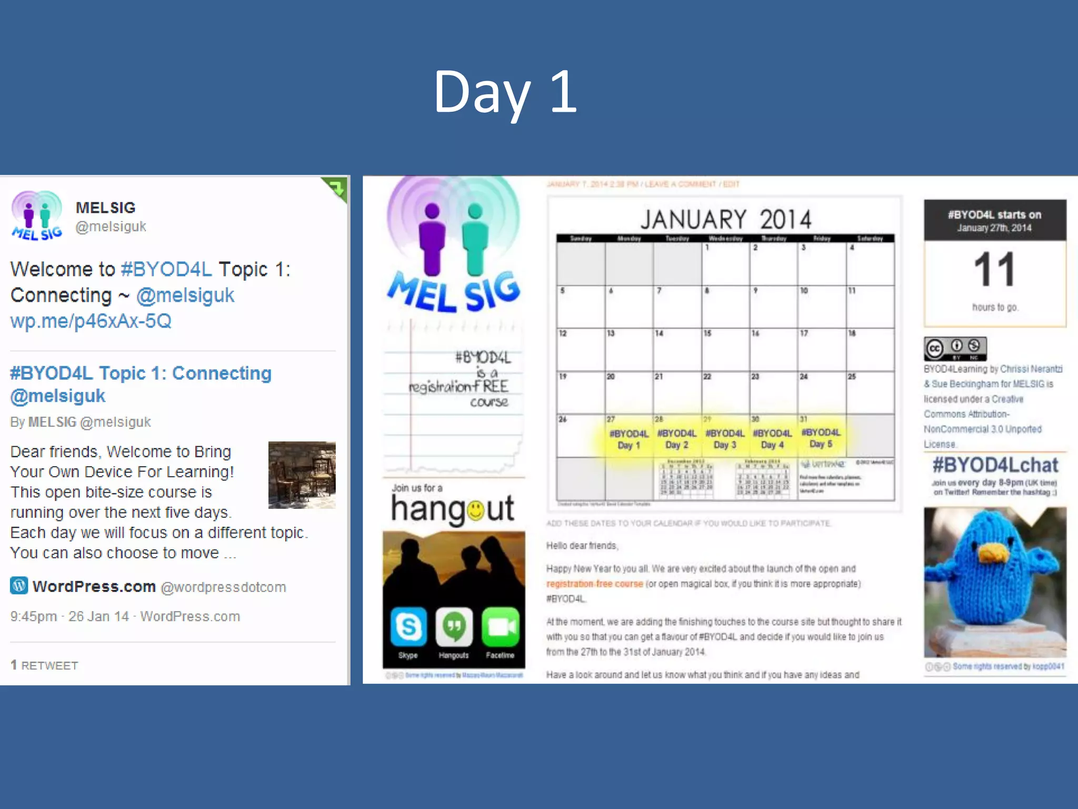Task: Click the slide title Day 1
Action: (x=505, y=92)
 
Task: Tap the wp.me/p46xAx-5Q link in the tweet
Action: (x=91, y=321)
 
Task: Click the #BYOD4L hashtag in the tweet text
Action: (x=166, y=269)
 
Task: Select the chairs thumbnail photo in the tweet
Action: (x=302, y=475)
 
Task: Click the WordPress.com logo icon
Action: (x=19, y=585)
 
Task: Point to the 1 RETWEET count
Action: (x=44, y=665)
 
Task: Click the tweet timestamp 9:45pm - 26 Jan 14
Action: (x=70, y=616)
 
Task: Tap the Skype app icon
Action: (x=408, y=627)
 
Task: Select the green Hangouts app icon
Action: (x=454, y=627)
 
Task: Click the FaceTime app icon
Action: (x=500, y=627)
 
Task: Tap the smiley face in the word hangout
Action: (x=475, y=510)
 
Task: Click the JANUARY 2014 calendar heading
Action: (x=725, y=220)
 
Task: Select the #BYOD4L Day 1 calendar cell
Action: (x=628, y=439)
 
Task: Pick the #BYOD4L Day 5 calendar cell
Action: (x=821, y=438)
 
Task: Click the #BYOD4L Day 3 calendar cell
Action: (x=725, y=439)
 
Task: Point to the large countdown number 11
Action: (x=994, y=270)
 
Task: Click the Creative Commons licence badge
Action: (x=955, y=349)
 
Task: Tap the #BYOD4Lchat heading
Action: (x=995, y=465)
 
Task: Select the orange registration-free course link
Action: (x=594, y=584)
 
